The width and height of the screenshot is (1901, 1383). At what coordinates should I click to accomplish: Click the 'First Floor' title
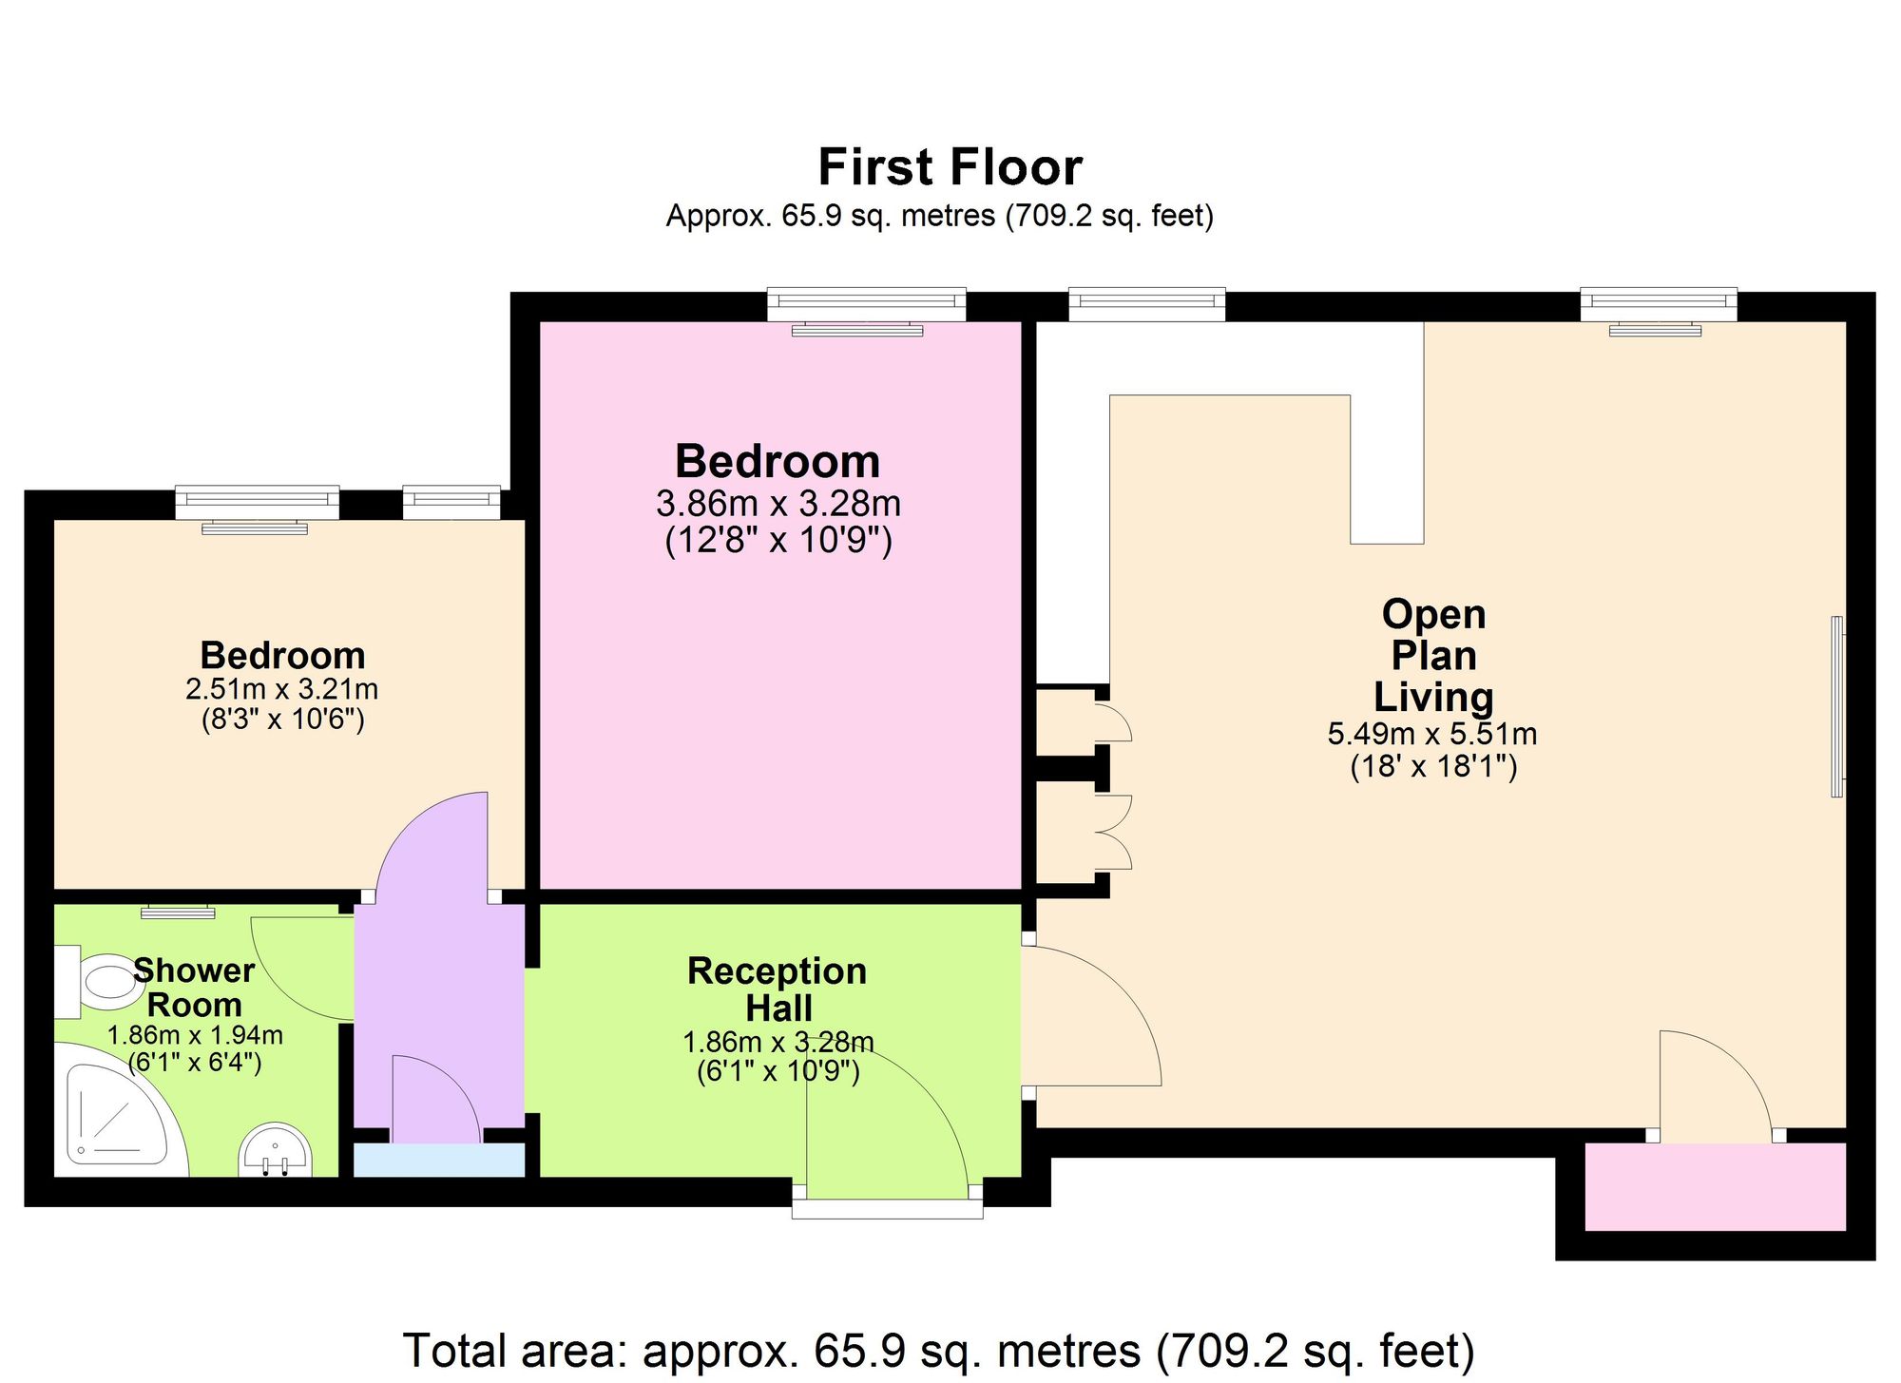[950, 168]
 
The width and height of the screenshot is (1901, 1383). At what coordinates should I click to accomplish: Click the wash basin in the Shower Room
[277, 1151]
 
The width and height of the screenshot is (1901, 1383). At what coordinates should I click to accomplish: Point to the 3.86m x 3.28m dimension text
[778, 503]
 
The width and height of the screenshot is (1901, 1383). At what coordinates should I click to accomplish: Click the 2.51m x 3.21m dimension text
[282, 689]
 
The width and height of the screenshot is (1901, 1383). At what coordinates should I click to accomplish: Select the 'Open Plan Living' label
[1433, 656]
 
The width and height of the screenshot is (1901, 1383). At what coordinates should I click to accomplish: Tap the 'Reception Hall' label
[777, 989]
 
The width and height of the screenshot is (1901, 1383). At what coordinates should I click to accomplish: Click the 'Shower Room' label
[194, 988]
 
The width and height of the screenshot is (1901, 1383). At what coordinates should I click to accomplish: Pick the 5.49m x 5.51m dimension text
[1432, 734]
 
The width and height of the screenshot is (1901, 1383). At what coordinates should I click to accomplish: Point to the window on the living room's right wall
[1838, 706]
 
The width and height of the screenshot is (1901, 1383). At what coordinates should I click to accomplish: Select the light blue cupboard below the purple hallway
[439, 1161]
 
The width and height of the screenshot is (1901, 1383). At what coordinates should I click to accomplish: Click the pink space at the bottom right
[1716, 1186]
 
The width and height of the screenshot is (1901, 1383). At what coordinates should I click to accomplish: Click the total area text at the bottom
[939, 1351]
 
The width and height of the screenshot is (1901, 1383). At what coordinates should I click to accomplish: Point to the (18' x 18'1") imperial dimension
[1433, 766]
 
